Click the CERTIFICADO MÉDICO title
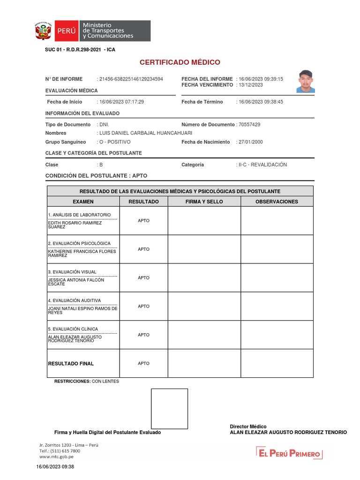point(180,62)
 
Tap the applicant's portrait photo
point(306,82)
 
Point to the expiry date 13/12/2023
point(251,85)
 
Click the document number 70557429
point(249,125)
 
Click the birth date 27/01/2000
point(251,142)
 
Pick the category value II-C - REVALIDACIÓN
point(262,165)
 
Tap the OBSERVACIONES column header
point(277,202)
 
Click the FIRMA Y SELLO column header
point(204,202)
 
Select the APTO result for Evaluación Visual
point(143,278)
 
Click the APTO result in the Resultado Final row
point(143,364)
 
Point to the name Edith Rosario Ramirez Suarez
point(75,225)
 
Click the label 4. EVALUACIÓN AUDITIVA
point(74,300)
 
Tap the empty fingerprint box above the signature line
point(169,408)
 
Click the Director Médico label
point(248,427)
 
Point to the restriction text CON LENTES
point(105,382)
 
